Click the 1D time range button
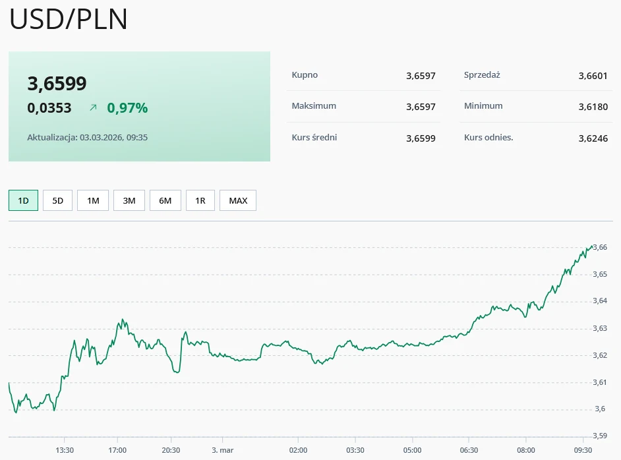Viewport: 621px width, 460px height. [23, 200]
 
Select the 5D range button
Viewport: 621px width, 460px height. [58, 200]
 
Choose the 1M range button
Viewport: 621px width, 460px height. [93, 200]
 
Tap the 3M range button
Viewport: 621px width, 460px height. [129, 200]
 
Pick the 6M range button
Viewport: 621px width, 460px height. [165, 200]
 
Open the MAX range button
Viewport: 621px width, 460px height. [238, 200]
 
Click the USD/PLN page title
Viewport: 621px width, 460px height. [69, 20]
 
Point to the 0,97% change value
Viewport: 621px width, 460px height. [127, 108]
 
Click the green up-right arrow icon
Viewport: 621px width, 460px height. [93, 107]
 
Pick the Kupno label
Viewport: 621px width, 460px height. [305, 75]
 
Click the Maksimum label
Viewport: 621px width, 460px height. [314, 106]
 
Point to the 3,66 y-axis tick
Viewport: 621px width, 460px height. [600, 247]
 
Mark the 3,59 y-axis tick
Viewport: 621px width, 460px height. [600, 436]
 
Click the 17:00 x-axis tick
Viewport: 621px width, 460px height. [117, 450]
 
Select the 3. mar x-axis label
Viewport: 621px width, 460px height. [223, 450]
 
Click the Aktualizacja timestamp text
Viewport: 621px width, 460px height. [87, 138]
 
